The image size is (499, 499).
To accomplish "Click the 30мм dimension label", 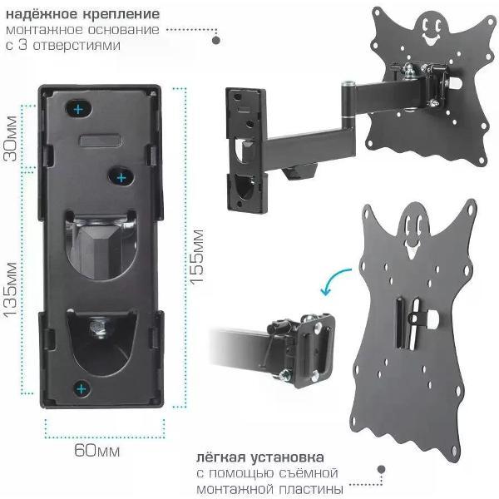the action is pos(11,138).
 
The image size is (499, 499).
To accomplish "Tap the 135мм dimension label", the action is pos(10,289).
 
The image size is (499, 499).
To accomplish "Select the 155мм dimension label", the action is pos(196,256).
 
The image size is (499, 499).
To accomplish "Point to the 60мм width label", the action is pos(97,451).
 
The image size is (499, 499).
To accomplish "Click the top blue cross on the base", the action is pos(79,110).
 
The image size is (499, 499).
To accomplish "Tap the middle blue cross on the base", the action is pos(121,178).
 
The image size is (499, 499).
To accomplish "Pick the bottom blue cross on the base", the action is pos(82,388).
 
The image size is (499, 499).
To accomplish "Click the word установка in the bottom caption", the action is pos(287,457).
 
